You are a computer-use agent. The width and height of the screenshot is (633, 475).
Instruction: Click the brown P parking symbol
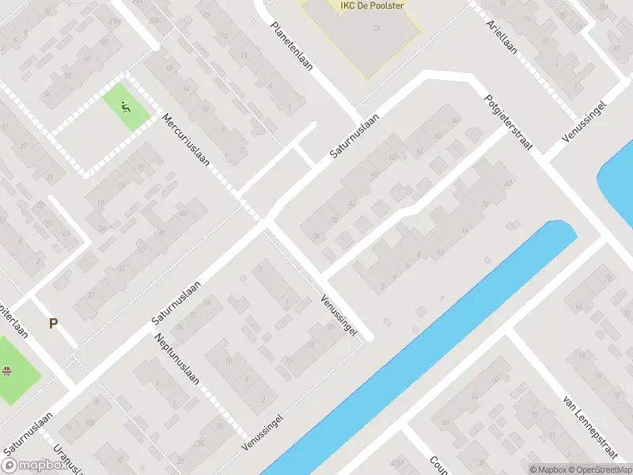[54, 323]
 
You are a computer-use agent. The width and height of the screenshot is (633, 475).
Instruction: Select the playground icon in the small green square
[125, 107]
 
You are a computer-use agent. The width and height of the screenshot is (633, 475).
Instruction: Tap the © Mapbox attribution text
[548, 469]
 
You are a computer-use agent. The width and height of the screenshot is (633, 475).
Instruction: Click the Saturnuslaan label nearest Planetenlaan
[354, 138]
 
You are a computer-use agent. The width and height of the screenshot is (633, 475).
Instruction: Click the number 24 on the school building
[377, 28]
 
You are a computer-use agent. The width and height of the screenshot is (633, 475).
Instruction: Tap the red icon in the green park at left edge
[7, 370]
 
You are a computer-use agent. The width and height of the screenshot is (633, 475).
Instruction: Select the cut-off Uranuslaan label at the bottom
[68, 460]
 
